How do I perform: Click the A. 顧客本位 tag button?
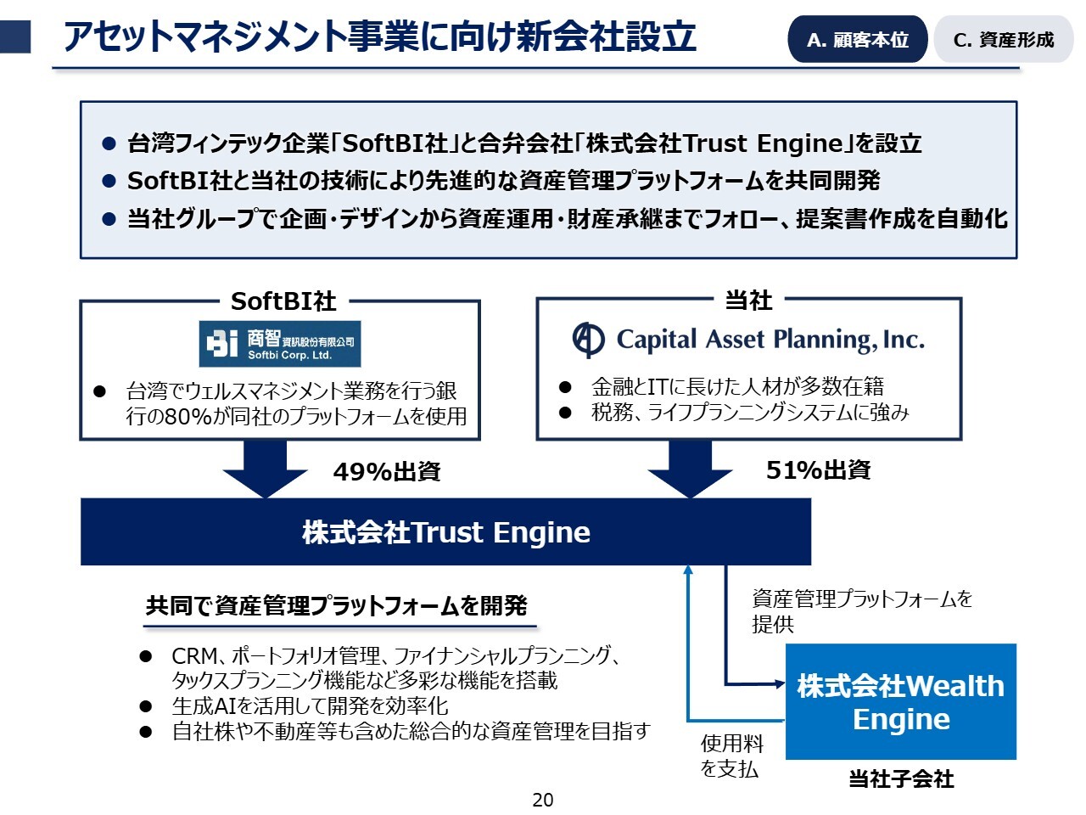click(857, 40)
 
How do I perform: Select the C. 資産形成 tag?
click(1003, 40)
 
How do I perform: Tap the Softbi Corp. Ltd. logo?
click(280, 343)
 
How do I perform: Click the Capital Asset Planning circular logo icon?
click(588, 340)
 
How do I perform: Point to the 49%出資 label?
click(387, 472)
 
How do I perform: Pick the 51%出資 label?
click(818, 470)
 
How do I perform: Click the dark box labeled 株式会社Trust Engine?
click(445, 532)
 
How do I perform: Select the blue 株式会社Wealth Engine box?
click(900, 702)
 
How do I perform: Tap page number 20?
click(543, 800)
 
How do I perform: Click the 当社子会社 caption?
click(901, 778)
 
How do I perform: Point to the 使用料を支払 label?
click(731, 756)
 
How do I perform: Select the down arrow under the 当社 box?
click(691, 469)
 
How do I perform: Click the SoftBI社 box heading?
click(283, 301)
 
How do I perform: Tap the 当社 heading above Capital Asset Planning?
click(748, 300)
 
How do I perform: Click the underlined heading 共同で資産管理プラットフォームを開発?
click(337, 606)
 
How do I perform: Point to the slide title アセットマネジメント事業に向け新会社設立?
click(380, 37)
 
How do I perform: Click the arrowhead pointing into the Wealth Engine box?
click(780, 683)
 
